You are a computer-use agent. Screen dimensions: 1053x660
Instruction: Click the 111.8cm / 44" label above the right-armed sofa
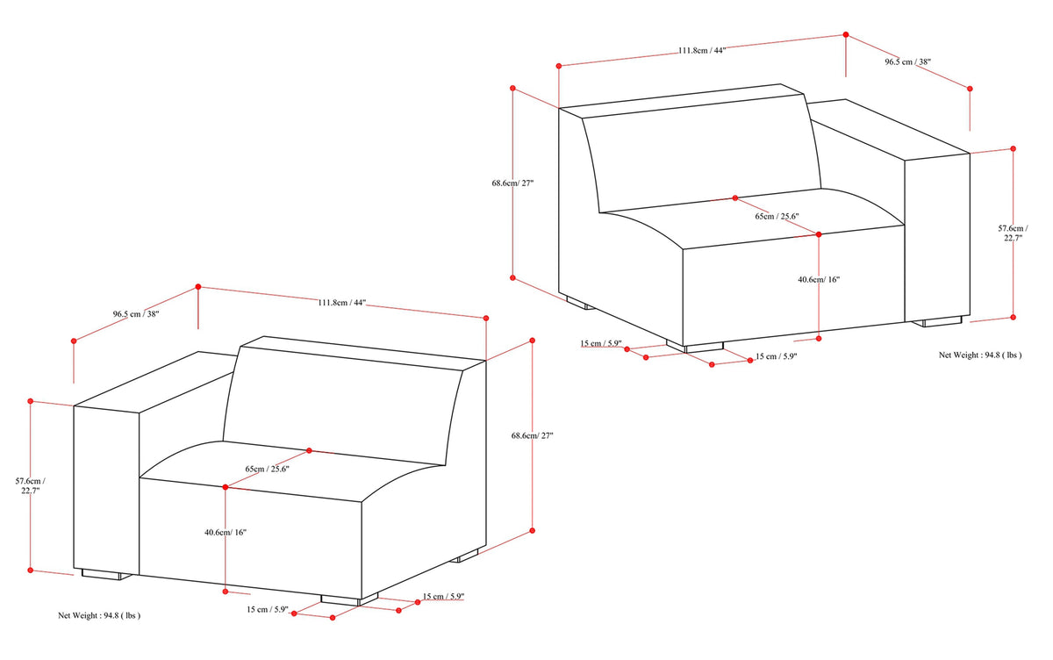pyautogui.click(x=702, y=50)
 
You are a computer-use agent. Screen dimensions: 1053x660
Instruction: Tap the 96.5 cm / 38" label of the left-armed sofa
pyautogui.click(x=136, y=314)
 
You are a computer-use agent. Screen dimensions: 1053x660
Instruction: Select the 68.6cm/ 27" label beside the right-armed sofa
pyautogui.click(x=512, y=183)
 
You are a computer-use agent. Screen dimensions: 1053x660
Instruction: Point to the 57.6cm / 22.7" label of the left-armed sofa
pyautogui.click(x=31, y=485)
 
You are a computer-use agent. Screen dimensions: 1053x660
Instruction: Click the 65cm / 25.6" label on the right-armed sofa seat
pyautogui.click(x=777, y=216)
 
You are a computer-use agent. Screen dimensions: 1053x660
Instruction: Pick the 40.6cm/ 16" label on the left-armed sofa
pyautogui.click(x=226, y=533)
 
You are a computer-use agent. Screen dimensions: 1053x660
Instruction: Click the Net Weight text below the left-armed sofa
pyautogui.click(x=99, y=615)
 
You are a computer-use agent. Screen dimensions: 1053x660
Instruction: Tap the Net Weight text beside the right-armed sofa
pyautogui.click(x=980, y=355)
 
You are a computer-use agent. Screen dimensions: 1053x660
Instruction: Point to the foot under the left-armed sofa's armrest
pyautogui.click(x=107, y=575)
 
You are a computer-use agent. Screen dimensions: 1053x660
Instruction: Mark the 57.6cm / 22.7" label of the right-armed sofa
pyautogui.click(x=1013, y=233)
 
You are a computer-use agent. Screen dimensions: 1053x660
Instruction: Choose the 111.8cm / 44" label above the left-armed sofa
pyautogui.click(x=341, y=303)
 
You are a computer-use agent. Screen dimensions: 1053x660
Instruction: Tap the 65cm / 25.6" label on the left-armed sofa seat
pyautogui.click(x=267, y=469)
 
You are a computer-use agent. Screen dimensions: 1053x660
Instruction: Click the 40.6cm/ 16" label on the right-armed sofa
pyautogui.click(x=819, y=279)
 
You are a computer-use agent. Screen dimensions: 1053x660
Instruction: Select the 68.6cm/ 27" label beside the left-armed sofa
pyautogui.click(x=532, y=436)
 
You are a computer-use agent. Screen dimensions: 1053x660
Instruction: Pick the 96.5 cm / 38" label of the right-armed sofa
pyautogui.click(x=907, y=61)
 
